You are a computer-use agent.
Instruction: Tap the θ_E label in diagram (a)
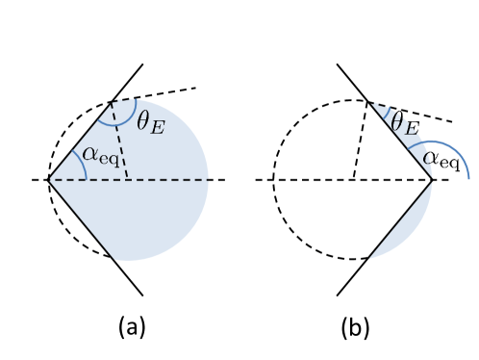pos(150,123)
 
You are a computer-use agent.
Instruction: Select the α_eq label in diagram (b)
pos(441,158)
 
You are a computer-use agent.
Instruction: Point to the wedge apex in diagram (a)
pos(48,180)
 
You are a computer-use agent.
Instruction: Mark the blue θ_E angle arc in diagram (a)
pos(115,123)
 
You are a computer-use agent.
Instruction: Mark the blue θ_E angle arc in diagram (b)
pos(387,108)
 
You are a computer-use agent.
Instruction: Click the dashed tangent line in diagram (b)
pos(423,115)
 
